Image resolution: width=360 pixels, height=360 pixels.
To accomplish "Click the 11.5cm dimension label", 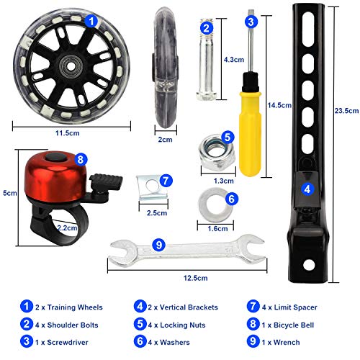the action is [x=68, y=133].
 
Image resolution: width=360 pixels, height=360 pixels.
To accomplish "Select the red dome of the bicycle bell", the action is [x=55, y=177].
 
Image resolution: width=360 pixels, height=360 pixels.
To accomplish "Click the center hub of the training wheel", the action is [x=71, y=67].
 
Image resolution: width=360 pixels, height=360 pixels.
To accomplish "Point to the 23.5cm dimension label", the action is [x=347, y=111].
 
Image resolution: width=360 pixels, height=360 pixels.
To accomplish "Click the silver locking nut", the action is [x=217, y=153].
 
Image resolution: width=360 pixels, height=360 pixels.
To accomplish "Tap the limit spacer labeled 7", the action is [x=153, y=188].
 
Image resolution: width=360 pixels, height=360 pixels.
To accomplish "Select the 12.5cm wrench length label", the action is [x=196, y=278].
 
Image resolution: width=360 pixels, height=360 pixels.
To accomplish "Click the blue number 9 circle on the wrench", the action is [x=159, y=245].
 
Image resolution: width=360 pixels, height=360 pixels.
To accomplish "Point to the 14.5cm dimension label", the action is [x=279, y=105].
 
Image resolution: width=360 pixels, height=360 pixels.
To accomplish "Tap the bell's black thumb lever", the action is [x=106, y=181].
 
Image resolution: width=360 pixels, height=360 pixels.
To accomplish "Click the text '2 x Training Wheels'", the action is [x=69, y=307].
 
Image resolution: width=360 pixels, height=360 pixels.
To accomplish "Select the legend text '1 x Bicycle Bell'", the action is [x=288, y=325].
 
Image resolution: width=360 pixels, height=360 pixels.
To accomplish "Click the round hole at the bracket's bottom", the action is [x=309, y=265].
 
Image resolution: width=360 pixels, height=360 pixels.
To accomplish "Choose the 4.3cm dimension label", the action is [x=234, y=60].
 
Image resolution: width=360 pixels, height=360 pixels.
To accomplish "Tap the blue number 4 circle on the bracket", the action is [x=307, y=189].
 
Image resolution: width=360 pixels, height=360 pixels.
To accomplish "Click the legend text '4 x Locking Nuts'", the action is [x=176, y=325].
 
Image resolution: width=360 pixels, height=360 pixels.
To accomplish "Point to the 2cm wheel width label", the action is [x=165, y=140].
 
